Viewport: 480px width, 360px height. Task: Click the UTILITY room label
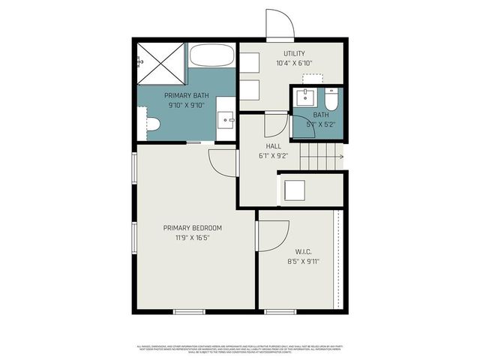click(293, 53)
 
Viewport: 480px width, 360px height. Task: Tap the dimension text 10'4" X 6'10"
click(293, 63)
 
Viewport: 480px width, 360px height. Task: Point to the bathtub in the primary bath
click(212, 55)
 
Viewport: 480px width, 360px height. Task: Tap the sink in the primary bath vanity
click(226, 119)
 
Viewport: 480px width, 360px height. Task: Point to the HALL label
click(273, 147)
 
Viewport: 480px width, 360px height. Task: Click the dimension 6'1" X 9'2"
click(273, 157)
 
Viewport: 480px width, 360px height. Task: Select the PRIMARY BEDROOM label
click(193, 228)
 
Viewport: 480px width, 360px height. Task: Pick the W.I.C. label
click(303, 252)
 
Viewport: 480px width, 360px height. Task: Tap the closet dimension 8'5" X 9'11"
click(303, 262)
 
